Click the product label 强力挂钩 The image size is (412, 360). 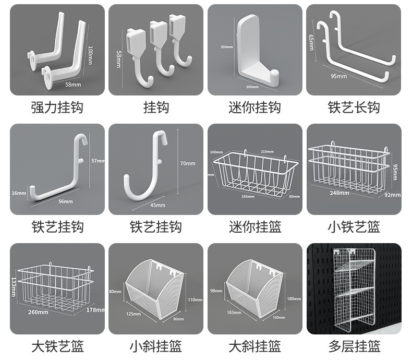coord(57,107)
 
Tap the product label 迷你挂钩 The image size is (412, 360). coord(255,107)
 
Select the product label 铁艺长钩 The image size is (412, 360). coord(354,107)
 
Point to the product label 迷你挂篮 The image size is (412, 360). coord(255,227)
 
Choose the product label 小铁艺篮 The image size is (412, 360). coord(354,227)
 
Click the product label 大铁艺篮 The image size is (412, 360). coord(57,345)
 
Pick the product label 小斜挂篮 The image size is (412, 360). coord(155,345)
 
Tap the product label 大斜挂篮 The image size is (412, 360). coord(255,345)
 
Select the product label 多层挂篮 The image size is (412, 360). coord(354,345)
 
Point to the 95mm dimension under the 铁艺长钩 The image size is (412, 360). coord(338,77)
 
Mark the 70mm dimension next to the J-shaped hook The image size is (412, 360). coord(187,163)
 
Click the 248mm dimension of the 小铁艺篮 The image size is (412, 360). coord(340,193)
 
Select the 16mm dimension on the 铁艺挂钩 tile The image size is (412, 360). coord(18,193)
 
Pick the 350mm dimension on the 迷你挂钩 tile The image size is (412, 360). coord(226,47)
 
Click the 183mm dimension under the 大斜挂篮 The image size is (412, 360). coord(233,313)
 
